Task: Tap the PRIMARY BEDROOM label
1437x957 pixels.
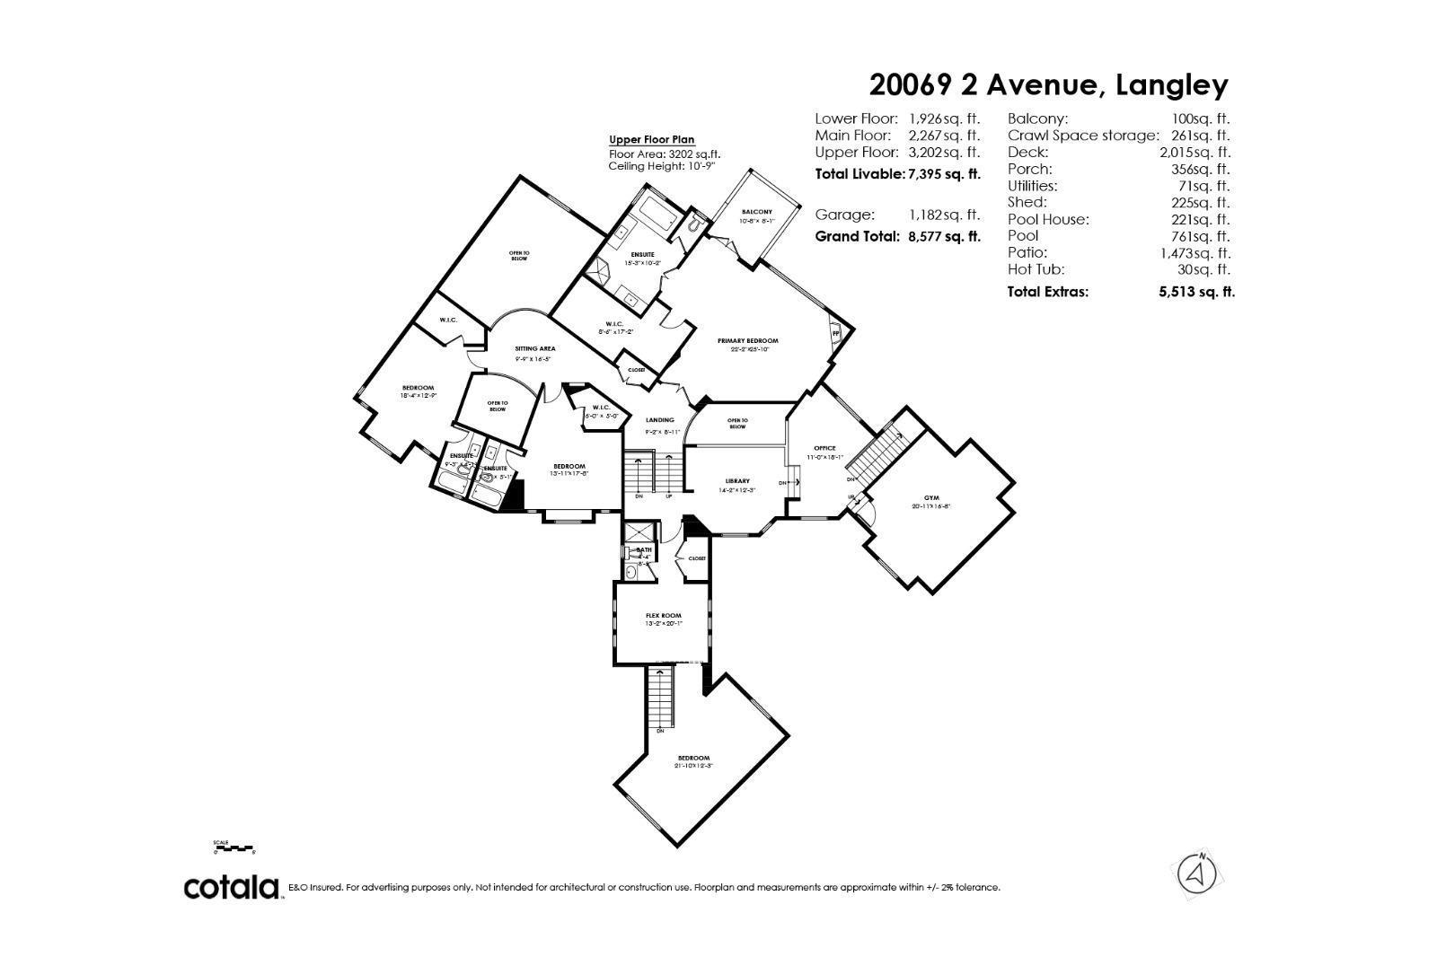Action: [747, 341]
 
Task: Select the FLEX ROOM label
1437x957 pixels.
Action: [664, 616]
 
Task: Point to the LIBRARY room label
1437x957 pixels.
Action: [737, 481]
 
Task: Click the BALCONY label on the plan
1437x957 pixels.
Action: [756, 212]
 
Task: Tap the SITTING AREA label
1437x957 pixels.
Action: [534, 348]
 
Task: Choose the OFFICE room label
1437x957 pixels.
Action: [824, 448]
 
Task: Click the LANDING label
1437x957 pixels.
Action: [660, 420]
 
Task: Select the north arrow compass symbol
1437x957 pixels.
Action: [1196, 873]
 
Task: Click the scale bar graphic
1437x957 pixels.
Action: [234, 847]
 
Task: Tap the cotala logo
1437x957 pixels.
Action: [231, 887]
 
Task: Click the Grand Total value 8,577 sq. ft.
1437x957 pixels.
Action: [943, 237]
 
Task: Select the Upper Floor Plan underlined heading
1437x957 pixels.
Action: [652, 140]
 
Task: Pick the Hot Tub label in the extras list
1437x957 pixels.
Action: [1036, 269]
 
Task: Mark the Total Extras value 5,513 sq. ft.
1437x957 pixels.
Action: [1196, 292]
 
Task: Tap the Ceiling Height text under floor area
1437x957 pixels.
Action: [661, 166]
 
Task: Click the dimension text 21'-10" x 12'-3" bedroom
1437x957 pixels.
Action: [692, 766]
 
